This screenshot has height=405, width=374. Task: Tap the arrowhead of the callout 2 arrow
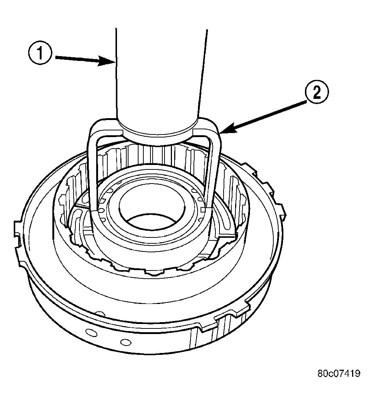coord(223,131)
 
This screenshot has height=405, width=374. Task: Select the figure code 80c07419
coord(338,373)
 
